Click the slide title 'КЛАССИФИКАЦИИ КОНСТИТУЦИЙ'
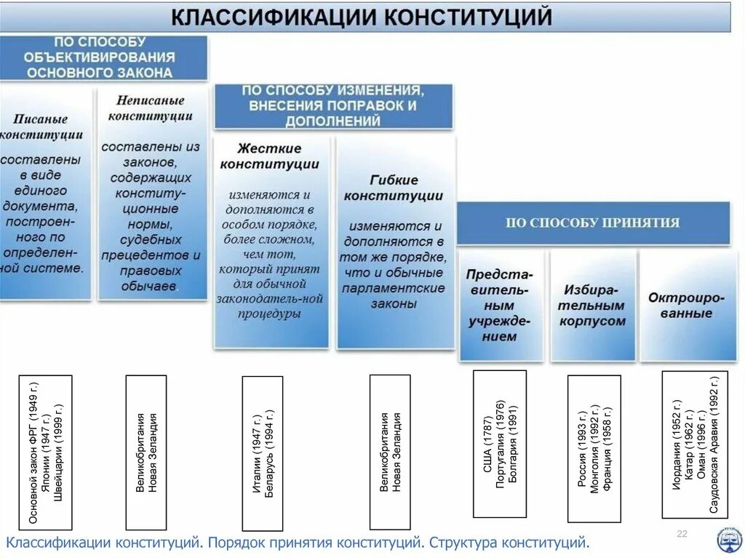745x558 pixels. coord(362,17)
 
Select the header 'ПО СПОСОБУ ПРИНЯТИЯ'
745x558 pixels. coord(592,223)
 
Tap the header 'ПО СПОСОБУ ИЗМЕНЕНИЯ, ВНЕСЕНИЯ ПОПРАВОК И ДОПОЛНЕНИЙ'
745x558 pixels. coord(332,105)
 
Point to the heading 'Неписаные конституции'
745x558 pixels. coord(150,108)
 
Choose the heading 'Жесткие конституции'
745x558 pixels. coord(269,156)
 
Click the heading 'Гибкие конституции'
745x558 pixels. coord(393,188)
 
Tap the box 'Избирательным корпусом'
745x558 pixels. coord(592,306)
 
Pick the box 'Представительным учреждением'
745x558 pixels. coord(501,306)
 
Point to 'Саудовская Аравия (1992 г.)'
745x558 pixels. coord(714,445)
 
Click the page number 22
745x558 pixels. coord(682,535)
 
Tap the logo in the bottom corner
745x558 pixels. coord(727,539)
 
